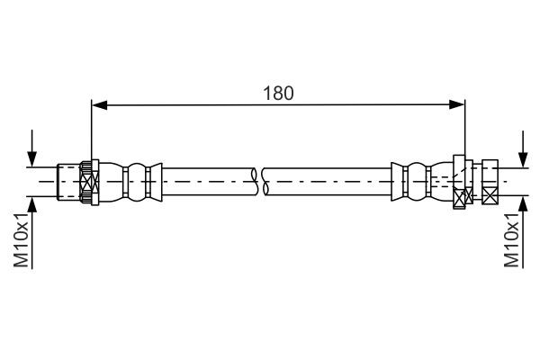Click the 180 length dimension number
pos(279,93)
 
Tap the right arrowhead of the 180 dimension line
pos(459,105)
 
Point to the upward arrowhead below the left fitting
pos(34,203)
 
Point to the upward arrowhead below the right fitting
pos(522,203)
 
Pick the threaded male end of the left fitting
pos(67,182)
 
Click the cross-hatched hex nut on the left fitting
pos(87,182)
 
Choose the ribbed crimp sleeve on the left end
pos(135,182)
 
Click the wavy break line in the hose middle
pos(259,182)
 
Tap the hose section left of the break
pos(207,182)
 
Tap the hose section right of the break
pos(324,182)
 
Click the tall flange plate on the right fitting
pos(459,182)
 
